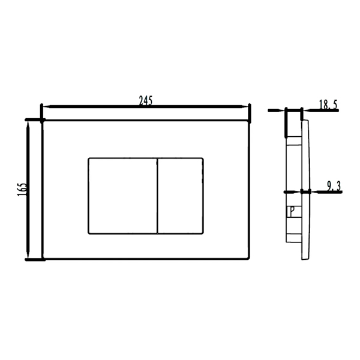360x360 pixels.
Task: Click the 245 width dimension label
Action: tap(146, 101)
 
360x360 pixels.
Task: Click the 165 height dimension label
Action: tap(22, 190)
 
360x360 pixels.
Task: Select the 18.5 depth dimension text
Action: tap(328, 104)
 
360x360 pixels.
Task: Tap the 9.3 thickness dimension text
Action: tap(334, 186)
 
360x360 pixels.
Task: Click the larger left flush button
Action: tap(123, 196)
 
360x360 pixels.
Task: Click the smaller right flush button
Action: tap(181, 196)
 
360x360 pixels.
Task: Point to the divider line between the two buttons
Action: tap(157, 196)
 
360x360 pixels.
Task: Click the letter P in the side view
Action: tap(292, 211)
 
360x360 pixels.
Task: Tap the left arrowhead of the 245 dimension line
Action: tap(46, 106)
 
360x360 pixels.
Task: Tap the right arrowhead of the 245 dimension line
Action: tap(245, 106)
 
